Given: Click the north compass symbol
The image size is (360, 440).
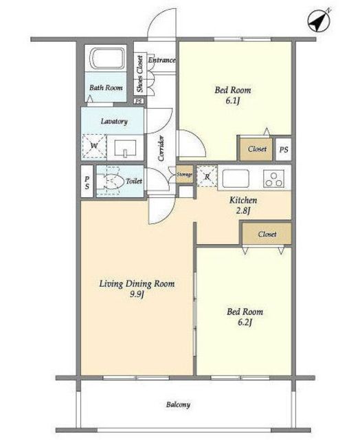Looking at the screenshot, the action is coord(319,21).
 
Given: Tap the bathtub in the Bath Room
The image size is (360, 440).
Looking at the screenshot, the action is coord(107,58).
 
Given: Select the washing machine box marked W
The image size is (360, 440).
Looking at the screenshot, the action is coord(94,146).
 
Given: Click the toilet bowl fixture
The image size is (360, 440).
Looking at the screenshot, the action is coord(111,181).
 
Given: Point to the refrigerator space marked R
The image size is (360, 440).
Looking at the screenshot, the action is coord(207,176).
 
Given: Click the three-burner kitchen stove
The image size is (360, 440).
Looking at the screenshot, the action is coord(273,179).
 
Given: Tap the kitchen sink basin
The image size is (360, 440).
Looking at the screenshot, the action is coord(236,179).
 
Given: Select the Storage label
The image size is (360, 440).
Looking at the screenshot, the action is coord(185,174).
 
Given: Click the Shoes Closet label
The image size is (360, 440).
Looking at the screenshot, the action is coord(139,74).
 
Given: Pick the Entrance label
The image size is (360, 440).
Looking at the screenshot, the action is coord(161,60).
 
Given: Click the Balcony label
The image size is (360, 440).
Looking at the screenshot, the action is coord(179,404).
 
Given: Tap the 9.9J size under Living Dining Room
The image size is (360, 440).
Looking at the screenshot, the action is coord(137,294).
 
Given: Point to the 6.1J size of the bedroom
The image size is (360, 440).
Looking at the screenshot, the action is coord(233,100).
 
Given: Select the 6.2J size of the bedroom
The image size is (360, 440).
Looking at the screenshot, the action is coord(245,322).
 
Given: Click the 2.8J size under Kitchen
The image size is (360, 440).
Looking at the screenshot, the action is coord(243,210).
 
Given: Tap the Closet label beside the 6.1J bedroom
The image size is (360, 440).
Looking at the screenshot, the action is coord(257,148).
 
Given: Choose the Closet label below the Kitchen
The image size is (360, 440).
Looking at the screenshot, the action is coord(267,234).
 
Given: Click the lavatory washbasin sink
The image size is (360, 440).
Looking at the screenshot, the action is coord(125,148).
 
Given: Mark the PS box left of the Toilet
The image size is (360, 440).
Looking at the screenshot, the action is coord(87,181).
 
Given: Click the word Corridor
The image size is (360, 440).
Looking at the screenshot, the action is coord(161,148).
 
